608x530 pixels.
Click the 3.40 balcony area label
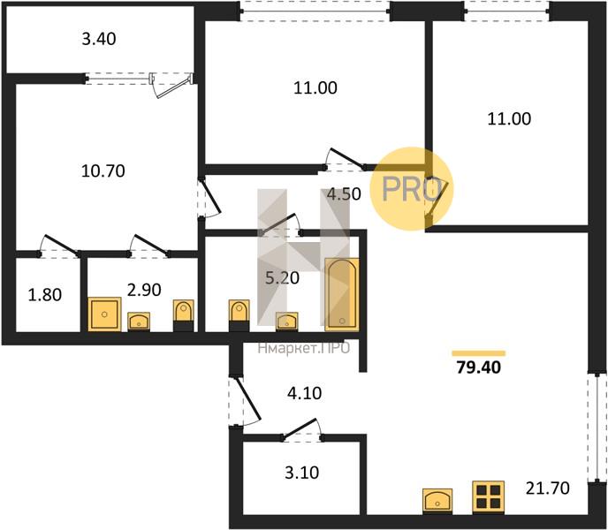click(x=99, y=39)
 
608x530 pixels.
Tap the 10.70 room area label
click(x=103, y=171)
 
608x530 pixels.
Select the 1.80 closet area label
click(x=45, y=295)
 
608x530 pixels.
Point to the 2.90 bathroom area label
click(x=144, y=290)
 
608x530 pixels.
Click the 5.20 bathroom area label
click(x=282, y=278)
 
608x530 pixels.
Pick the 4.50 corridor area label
click(x=345, y=193)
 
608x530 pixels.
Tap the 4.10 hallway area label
click(x=305, y=394)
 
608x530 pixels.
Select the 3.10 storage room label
click(x=302, y=473)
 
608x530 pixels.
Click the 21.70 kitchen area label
click(x=548, y=488)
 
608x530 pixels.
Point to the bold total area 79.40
click(x=479, y=367)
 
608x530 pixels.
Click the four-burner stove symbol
click(x=488, y=497)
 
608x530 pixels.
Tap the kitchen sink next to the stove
click(x=437, y=501)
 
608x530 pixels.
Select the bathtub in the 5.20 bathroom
click(x=342, y=295)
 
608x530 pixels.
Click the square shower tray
click(x=104, y=314)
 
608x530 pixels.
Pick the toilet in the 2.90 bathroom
click(x=184, y=315)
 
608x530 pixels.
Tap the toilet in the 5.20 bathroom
click(x=239, y=315)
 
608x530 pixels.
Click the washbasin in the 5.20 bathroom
click(x=287, y=322)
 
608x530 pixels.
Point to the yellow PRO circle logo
click(x=412, y=189)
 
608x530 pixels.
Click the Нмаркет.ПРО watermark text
click(x=304, y=348)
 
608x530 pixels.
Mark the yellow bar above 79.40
click(x=479, y=353)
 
